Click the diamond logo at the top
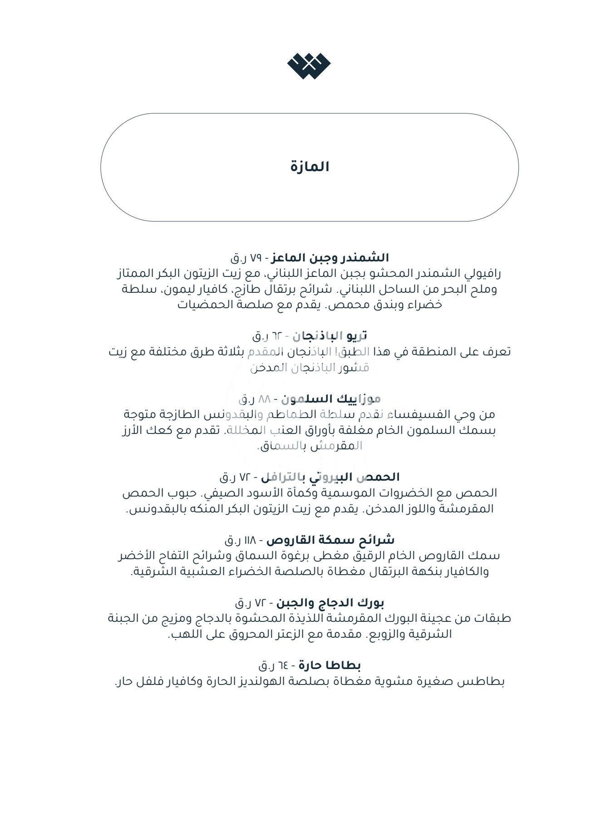(309, 66)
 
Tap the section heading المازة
(310, 167)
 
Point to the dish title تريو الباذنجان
(330, 336)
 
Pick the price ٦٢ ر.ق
(267, 336)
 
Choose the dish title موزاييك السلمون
(330, 399)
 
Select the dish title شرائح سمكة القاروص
(330, 540)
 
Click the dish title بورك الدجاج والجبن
(330, 603)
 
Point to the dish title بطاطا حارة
(330, 665)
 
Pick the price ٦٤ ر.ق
(273, 666)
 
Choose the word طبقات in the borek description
(493, 618)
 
